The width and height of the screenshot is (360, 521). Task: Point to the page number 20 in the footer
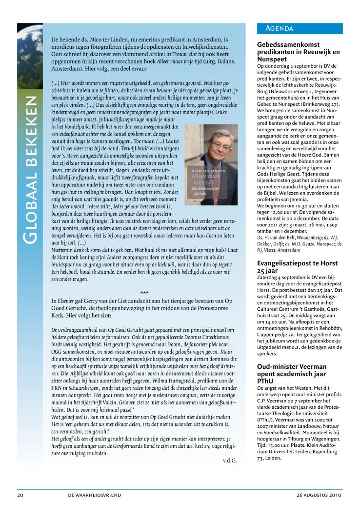point(20,495)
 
